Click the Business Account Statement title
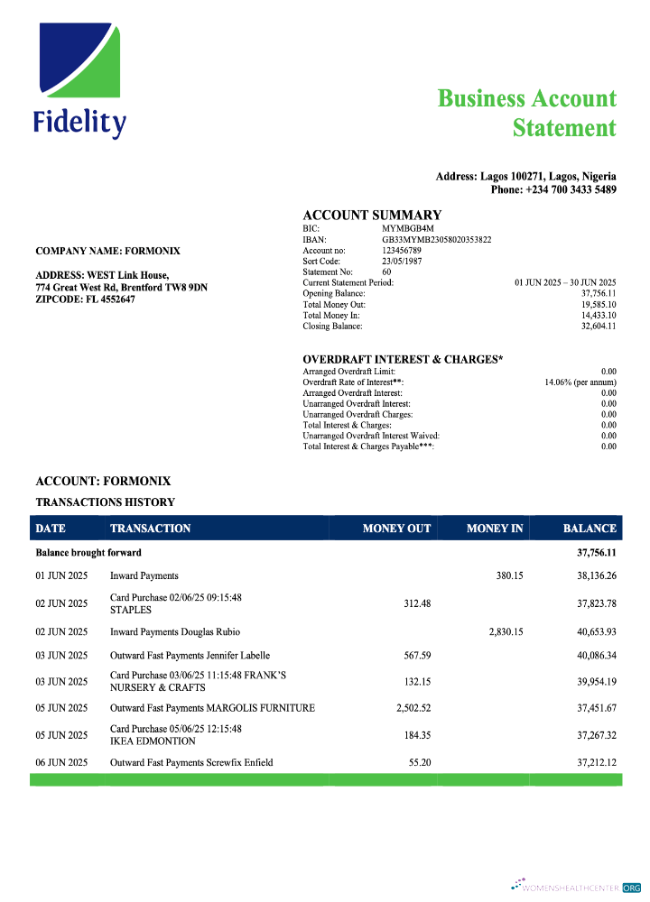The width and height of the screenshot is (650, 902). coord(527,113)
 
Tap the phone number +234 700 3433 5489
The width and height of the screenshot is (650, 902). coord(553,189)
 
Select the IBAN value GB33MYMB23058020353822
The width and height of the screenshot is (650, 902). coord(437,239)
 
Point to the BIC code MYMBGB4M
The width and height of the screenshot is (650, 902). coord(402,229)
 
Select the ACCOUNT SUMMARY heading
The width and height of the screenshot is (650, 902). coord(372,215)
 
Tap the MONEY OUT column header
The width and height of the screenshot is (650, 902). coord(396,529)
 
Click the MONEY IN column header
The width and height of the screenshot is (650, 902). coord(495,529)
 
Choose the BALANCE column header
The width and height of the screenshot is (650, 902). coord(590,529)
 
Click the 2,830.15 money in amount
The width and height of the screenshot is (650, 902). coord(506,631)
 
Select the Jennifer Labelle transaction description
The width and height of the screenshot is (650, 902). coord(190,656)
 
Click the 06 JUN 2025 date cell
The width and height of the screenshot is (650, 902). coord(61,763)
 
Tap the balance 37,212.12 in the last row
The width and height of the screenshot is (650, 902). coord(597,763)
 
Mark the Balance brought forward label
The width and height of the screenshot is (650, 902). coord(88,552)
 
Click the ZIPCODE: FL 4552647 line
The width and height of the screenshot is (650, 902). coord(87,299)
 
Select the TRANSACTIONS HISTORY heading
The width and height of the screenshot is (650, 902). coord(105,502)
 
